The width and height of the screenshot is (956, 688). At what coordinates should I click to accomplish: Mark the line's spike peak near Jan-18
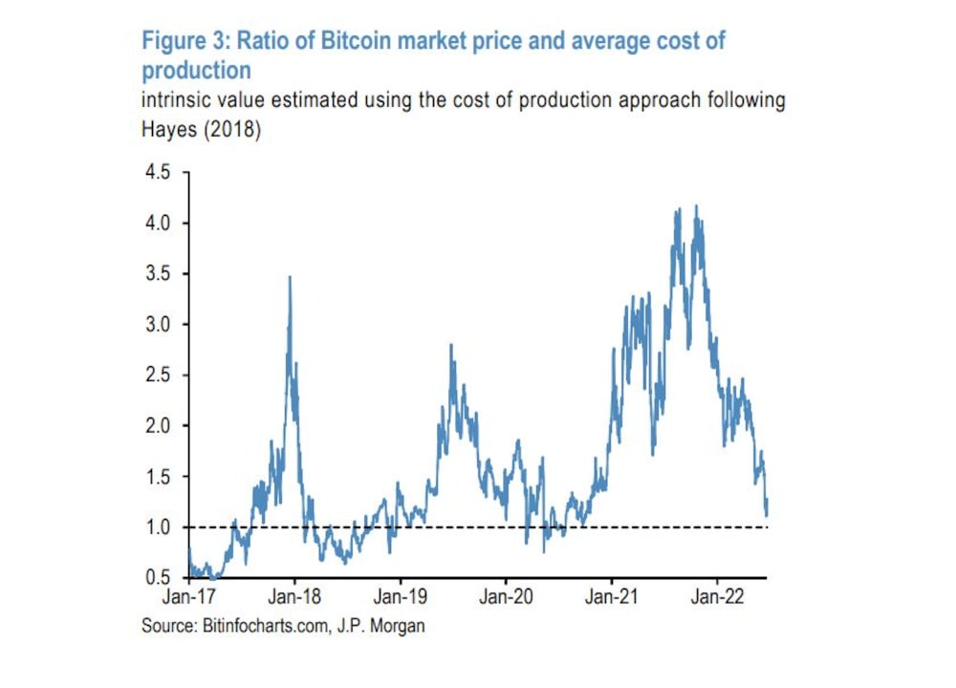[290, 277]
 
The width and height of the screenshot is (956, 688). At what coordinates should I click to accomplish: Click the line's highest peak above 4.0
[696, 205]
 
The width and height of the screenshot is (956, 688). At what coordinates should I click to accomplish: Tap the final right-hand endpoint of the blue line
[767, 515]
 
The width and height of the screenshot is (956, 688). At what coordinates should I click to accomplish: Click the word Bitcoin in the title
[344, 41]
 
